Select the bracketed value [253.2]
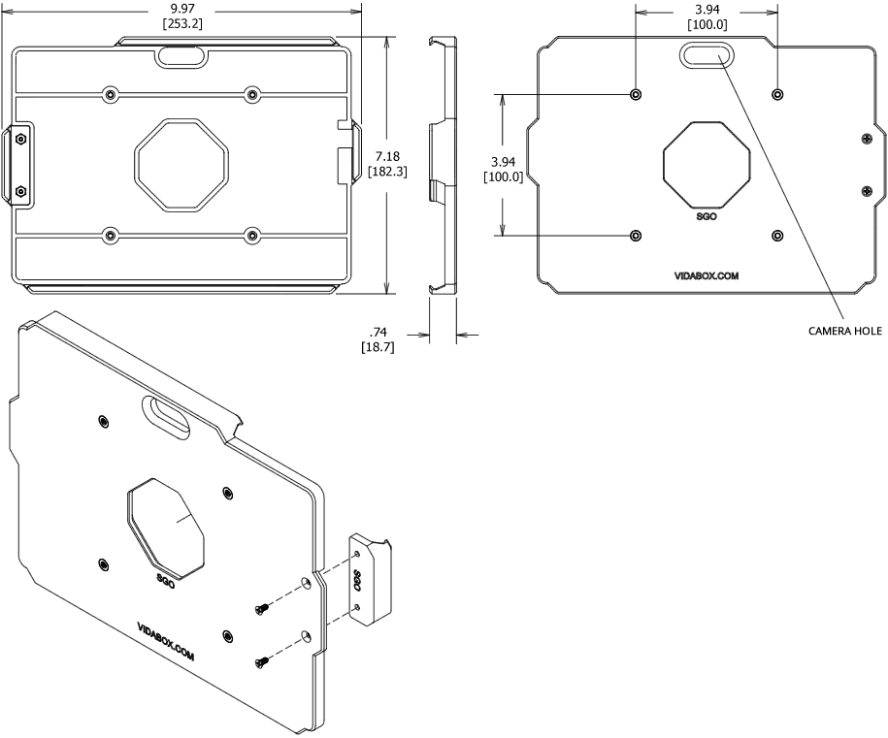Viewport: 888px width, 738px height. pyautogui.click(x=182, y=23)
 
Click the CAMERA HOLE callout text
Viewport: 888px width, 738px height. pyautogui.click(x=844, y=331)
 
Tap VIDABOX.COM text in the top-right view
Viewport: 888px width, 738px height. pyautogui.click(x=706, y=276)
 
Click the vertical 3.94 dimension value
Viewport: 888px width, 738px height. pyautogui.click(x=502, y=161)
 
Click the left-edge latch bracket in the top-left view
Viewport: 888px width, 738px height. pyautogui.click(x=21, y=164)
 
